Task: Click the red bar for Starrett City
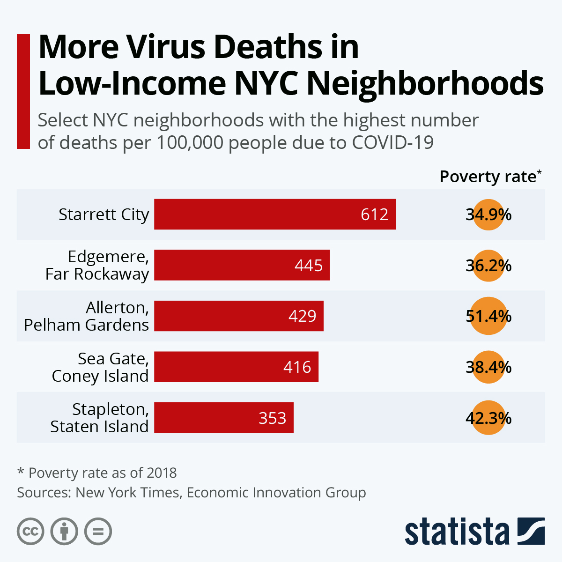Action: pos(275,214)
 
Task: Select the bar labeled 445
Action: pos(242,265)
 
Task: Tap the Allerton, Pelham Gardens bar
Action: pos(238,316)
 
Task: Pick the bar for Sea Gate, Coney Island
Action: pos(236,367)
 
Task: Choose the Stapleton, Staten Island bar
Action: pos(223,417)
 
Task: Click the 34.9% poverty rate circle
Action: pos(488,214)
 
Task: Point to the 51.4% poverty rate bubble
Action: pos(488,316)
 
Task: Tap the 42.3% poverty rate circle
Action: pos(488,418)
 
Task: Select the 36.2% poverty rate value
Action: pos(488,266)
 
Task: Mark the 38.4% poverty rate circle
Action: pos(488,367)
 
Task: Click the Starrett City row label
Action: pos(104,214)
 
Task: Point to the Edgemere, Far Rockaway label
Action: pos(97,265)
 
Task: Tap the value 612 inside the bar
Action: pos(374,214)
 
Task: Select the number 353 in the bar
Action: pos(272,418)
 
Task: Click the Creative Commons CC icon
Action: pos(30,532)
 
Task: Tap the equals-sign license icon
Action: pos(98,532)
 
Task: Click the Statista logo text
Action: pos(457,532)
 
